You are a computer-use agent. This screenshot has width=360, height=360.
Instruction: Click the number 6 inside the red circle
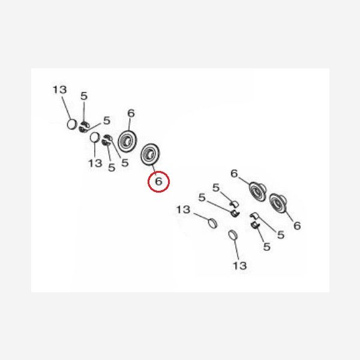coord(158,181)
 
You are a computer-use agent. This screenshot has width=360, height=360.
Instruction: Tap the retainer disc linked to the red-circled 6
coord(150,154)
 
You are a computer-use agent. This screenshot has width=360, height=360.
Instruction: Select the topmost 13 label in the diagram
coord(59,90)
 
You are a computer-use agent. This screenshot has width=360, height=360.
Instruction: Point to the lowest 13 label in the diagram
coord(240,266)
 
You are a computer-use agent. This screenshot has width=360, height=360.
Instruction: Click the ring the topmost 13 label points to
coord(72,124)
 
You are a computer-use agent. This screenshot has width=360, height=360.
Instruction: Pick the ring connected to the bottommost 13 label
coord(233,235)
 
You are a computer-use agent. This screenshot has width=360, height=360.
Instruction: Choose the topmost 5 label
coord(84,96)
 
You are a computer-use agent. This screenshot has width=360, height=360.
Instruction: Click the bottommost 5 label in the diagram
coord(266,247)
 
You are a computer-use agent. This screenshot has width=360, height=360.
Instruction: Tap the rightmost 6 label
coord(297,226)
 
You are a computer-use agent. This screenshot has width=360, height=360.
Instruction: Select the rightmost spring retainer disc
coord(278,203)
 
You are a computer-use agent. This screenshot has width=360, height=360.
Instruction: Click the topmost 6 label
coord(131,113)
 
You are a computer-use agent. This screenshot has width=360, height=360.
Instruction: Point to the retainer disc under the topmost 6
coord(127,141)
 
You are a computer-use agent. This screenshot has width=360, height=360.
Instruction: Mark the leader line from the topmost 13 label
coord(66,108)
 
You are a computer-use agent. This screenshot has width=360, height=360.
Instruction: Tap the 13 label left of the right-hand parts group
coord(183,209)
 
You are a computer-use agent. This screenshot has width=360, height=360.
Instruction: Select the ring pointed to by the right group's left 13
coord(212,223)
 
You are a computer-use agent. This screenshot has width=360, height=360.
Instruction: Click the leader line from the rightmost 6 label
coord(289,216)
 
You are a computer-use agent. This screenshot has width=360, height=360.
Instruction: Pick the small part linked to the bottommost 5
coord(254,225)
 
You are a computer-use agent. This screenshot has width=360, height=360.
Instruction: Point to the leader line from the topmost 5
coord(84,113)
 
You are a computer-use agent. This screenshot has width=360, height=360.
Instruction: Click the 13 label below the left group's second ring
coord(95,163)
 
